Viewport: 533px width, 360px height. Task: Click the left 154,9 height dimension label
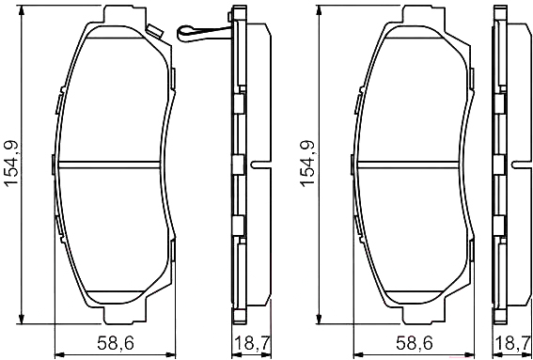pyautogui.click(x=12, y=164)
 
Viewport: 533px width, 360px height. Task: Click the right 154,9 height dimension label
pyautogui.click(x=307, y=164)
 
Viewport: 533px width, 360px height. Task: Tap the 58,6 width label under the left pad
pyautogui.click(x=116, y=343)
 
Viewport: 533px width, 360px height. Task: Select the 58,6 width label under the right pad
pyautogui.click(x=414, y=343)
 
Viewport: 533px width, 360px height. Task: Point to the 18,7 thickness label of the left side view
pyautogui.click(x=252, y=343)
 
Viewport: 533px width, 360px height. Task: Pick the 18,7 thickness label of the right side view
pyautogui.click(x=513, y=343)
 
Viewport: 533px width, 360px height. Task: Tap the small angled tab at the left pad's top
pyautogui.click(x=155, y=31)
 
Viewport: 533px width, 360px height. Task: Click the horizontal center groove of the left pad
pyautogui.click(x=109, y=164)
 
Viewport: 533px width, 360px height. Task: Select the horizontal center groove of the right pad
pyautogui.click(x=407, y=164)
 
